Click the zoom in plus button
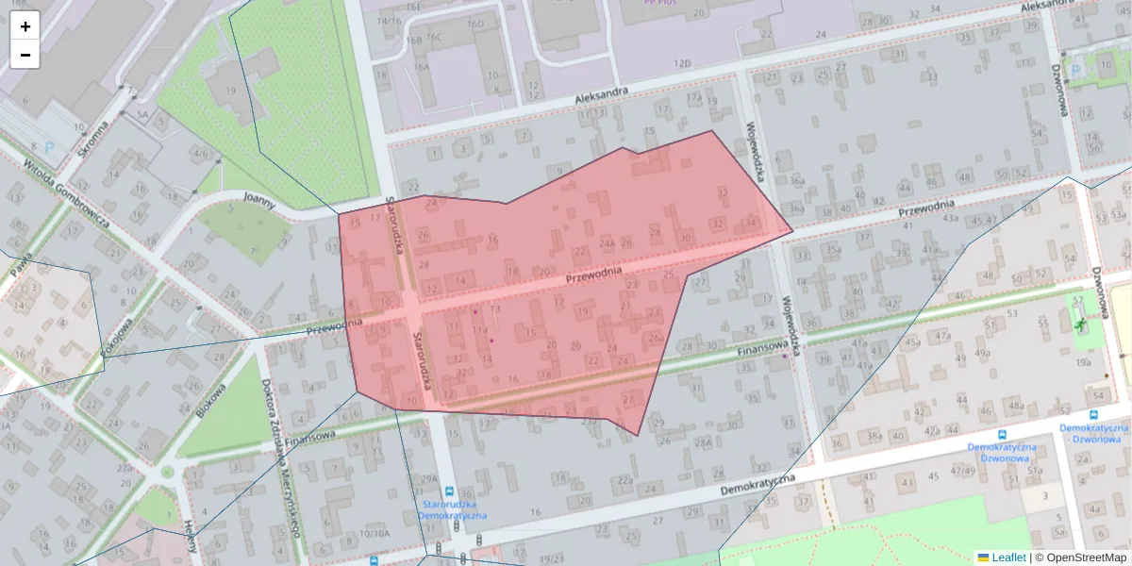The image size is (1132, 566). click(x=25, y=25)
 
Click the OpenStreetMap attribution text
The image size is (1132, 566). click(x=1084, y=558)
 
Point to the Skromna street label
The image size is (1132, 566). click(x=93, y=139)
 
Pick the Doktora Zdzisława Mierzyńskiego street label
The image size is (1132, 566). click(x=284, y=458)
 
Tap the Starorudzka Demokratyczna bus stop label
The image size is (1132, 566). click(x=451, y=510)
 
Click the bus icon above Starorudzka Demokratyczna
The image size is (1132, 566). click(x=450, y=491)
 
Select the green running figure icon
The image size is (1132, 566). click(x=1079, y=324)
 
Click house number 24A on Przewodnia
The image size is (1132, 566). click(x=607, y=242)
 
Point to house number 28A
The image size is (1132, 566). click(x=703, y=442)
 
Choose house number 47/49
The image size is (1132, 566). click(x=963, y=470)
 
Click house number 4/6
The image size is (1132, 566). click(x=200, y=153)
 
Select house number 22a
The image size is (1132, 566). click(x=624, y=480)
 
